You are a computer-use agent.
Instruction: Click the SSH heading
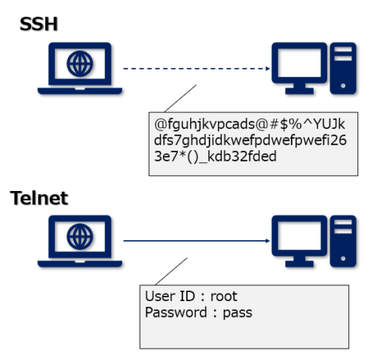pos(39,25)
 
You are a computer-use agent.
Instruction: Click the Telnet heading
pos(39,198)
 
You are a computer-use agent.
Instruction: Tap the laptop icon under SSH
pos(78,69)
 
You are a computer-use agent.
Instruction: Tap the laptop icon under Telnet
pos(78,242)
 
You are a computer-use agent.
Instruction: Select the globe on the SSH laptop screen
pos(78,64)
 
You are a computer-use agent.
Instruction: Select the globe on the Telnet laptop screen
pos(78,236)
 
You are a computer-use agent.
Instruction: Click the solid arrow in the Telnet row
pos(196,242)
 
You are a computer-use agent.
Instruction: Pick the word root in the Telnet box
pos(224,297)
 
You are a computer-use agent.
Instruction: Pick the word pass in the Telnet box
pos(237,312)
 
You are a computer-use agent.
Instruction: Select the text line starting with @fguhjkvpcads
pos(248,122)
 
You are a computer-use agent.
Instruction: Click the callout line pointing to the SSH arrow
pos(179,99)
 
